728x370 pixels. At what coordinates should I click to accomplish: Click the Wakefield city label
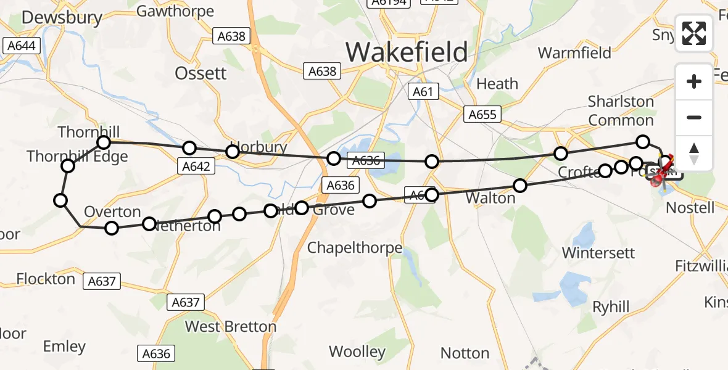(x=407, y=52)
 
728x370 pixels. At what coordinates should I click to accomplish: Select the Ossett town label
(x=201, y=73)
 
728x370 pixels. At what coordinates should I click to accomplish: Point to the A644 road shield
(x=22, y=46)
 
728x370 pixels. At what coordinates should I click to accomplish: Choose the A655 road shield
(x=482, y=114)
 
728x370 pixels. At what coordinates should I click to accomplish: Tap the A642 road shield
(x=197, y=166)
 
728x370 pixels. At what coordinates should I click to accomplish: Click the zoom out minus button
(x=694, y=118)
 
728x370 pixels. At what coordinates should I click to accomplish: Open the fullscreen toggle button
(x=694, y=33)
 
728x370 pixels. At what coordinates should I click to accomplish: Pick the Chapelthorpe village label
(x=355, y=248)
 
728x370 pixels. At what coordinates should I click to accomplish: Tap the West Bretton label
(x=231, y=326)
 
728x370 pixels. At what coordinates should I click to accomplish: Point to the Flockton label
(x=46, y=279)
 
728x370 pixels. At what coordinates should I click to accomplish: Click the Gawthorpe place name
(x=175, y=11)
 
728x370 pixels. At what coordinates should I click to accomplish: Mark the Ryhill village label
(x=611, y=306)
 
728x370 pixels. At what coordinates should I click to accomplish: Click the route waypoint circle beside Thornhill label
(x=104, y=143)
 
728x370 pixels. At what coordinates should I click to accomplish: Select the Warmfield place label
(x=574, y=52)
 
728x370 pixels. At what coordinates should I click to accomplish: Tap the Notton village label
(x=465, y=353)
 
